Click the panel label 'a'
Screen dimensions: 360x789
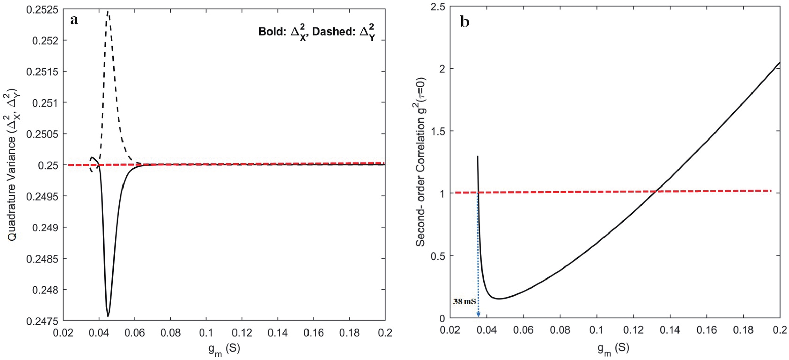tap(74, 20)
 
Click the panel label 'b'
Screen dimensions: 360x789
tap(465, 22)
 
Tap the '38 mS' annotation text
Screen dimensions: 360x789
tap(464, 301)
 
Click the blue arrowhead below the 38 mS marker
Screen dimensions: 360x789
tap(478, 314)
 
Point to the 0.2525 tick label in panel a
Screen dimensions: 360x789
tap(42, 10)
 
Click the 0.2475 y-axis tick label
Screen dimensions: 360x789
tap(42, 321)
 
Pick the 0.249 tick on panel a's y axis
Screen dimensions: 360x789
tap(45, 228)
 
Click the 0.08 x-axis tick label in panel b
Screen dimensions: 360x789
tap(560, 330)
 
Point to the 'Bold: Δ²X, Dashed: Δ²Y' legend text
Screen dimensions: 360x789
tap(317, 32)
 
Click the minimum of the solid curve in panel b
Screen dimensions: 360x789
tap(499, 298)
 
